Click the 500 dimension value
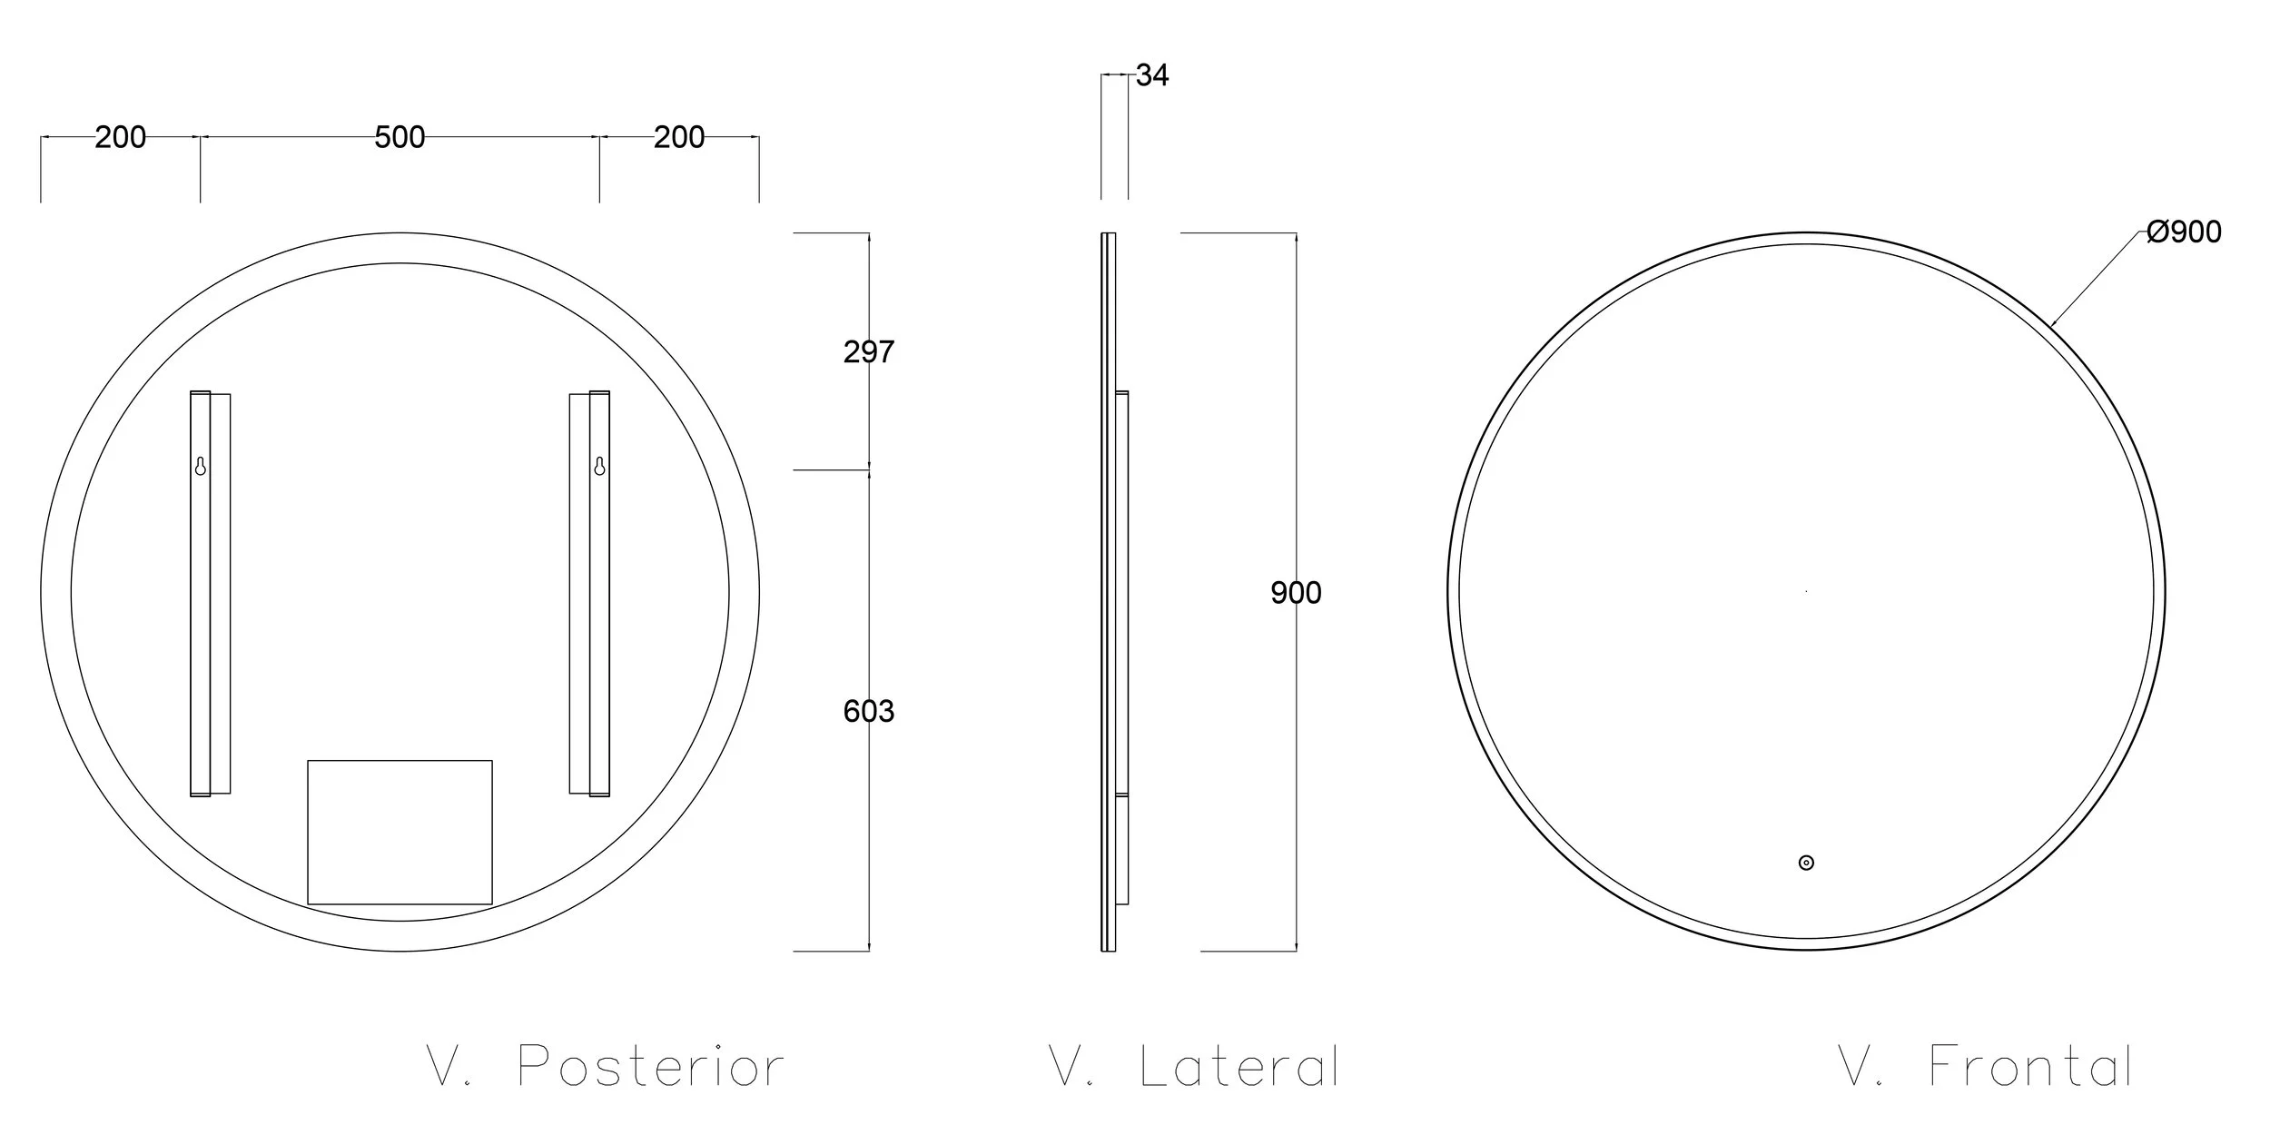click(x=400, y=137)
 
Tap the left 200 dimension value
click(x=120, y=137)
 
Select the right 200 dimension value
click(x=679, y=137)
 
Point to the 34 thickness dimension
click(x=1152, y=75)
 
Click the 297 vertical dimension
click(x=869, y=351)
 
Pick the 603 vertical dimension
click(x=869, y=711)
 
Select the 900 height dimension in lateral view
click(x=1296, y=593)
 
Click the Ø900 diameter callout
click(x=2184, y=232)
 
